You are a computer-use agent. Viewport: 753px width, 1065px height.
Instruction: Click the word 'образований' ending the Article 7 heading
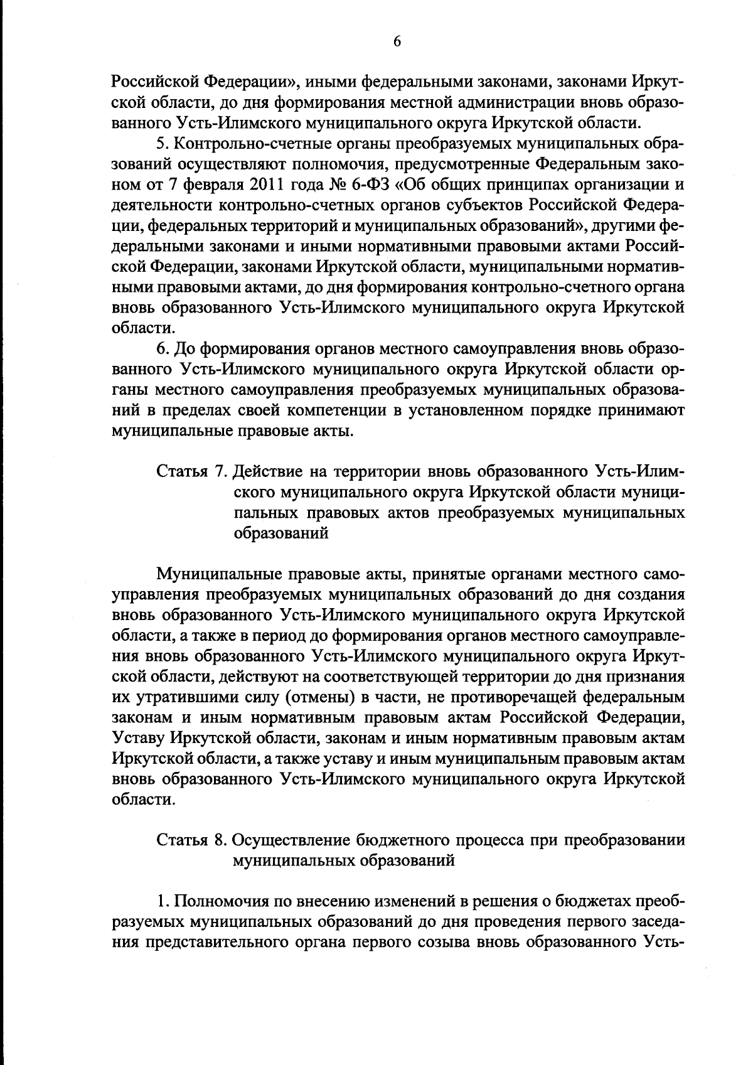pyautogui.click(x=282, y=533)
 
